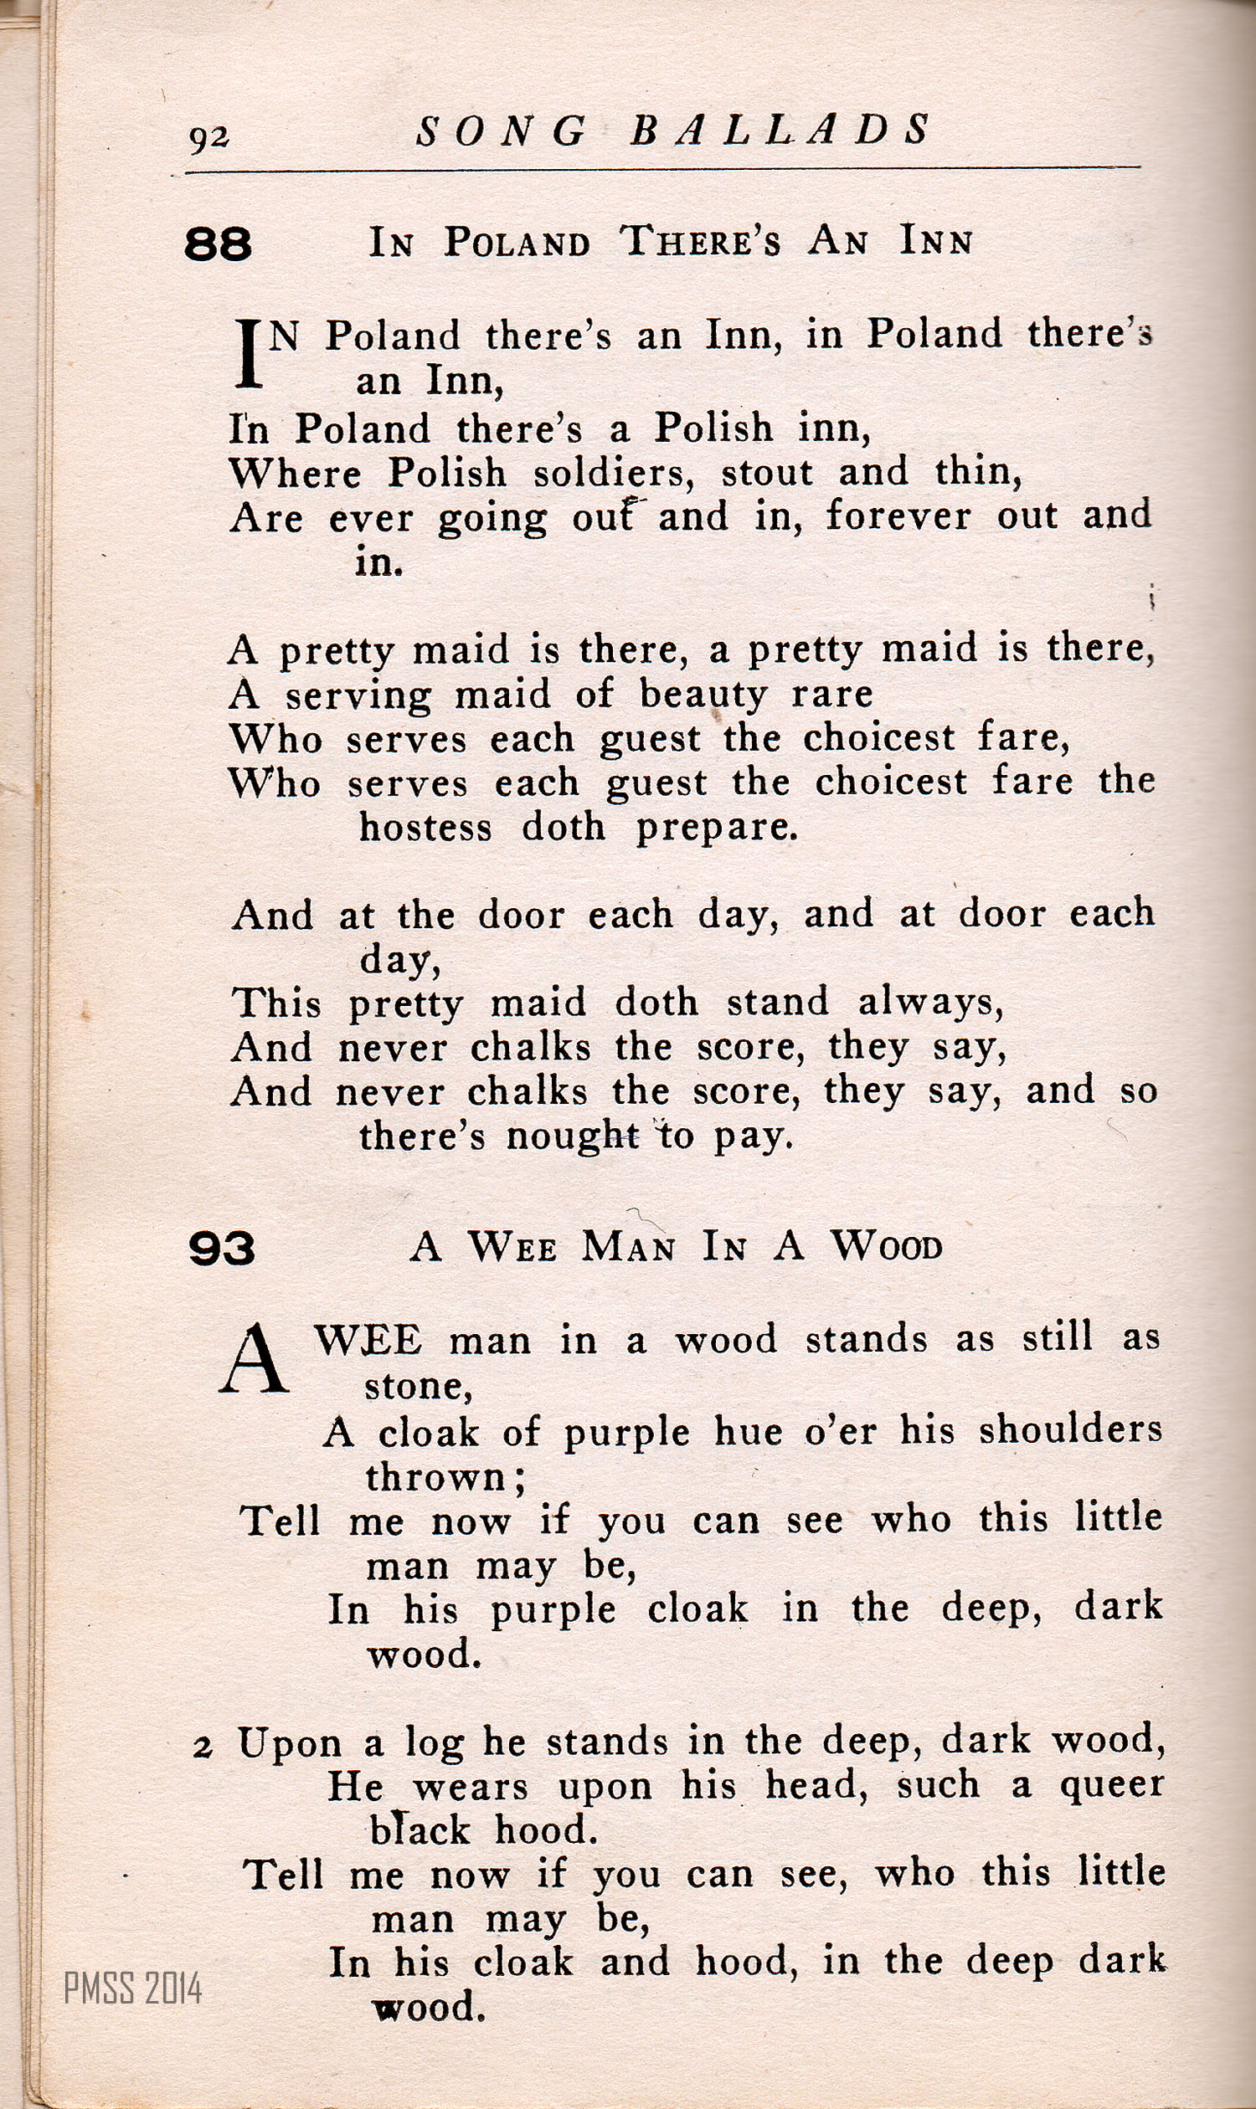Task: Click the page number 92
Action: point(208,138)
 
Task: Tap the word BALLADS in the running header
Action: point(780,131)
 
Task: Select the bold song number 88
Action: point(219,244)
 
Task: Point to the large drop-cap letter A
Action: point(253,1361)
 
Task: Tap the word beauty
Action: point(703,695)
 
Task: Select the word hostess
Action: point(425,828)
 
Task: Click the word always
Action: point(930,1003)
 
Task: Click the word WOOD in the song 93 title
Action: point(886,1247)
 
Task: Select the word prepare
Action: point(716,828)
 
